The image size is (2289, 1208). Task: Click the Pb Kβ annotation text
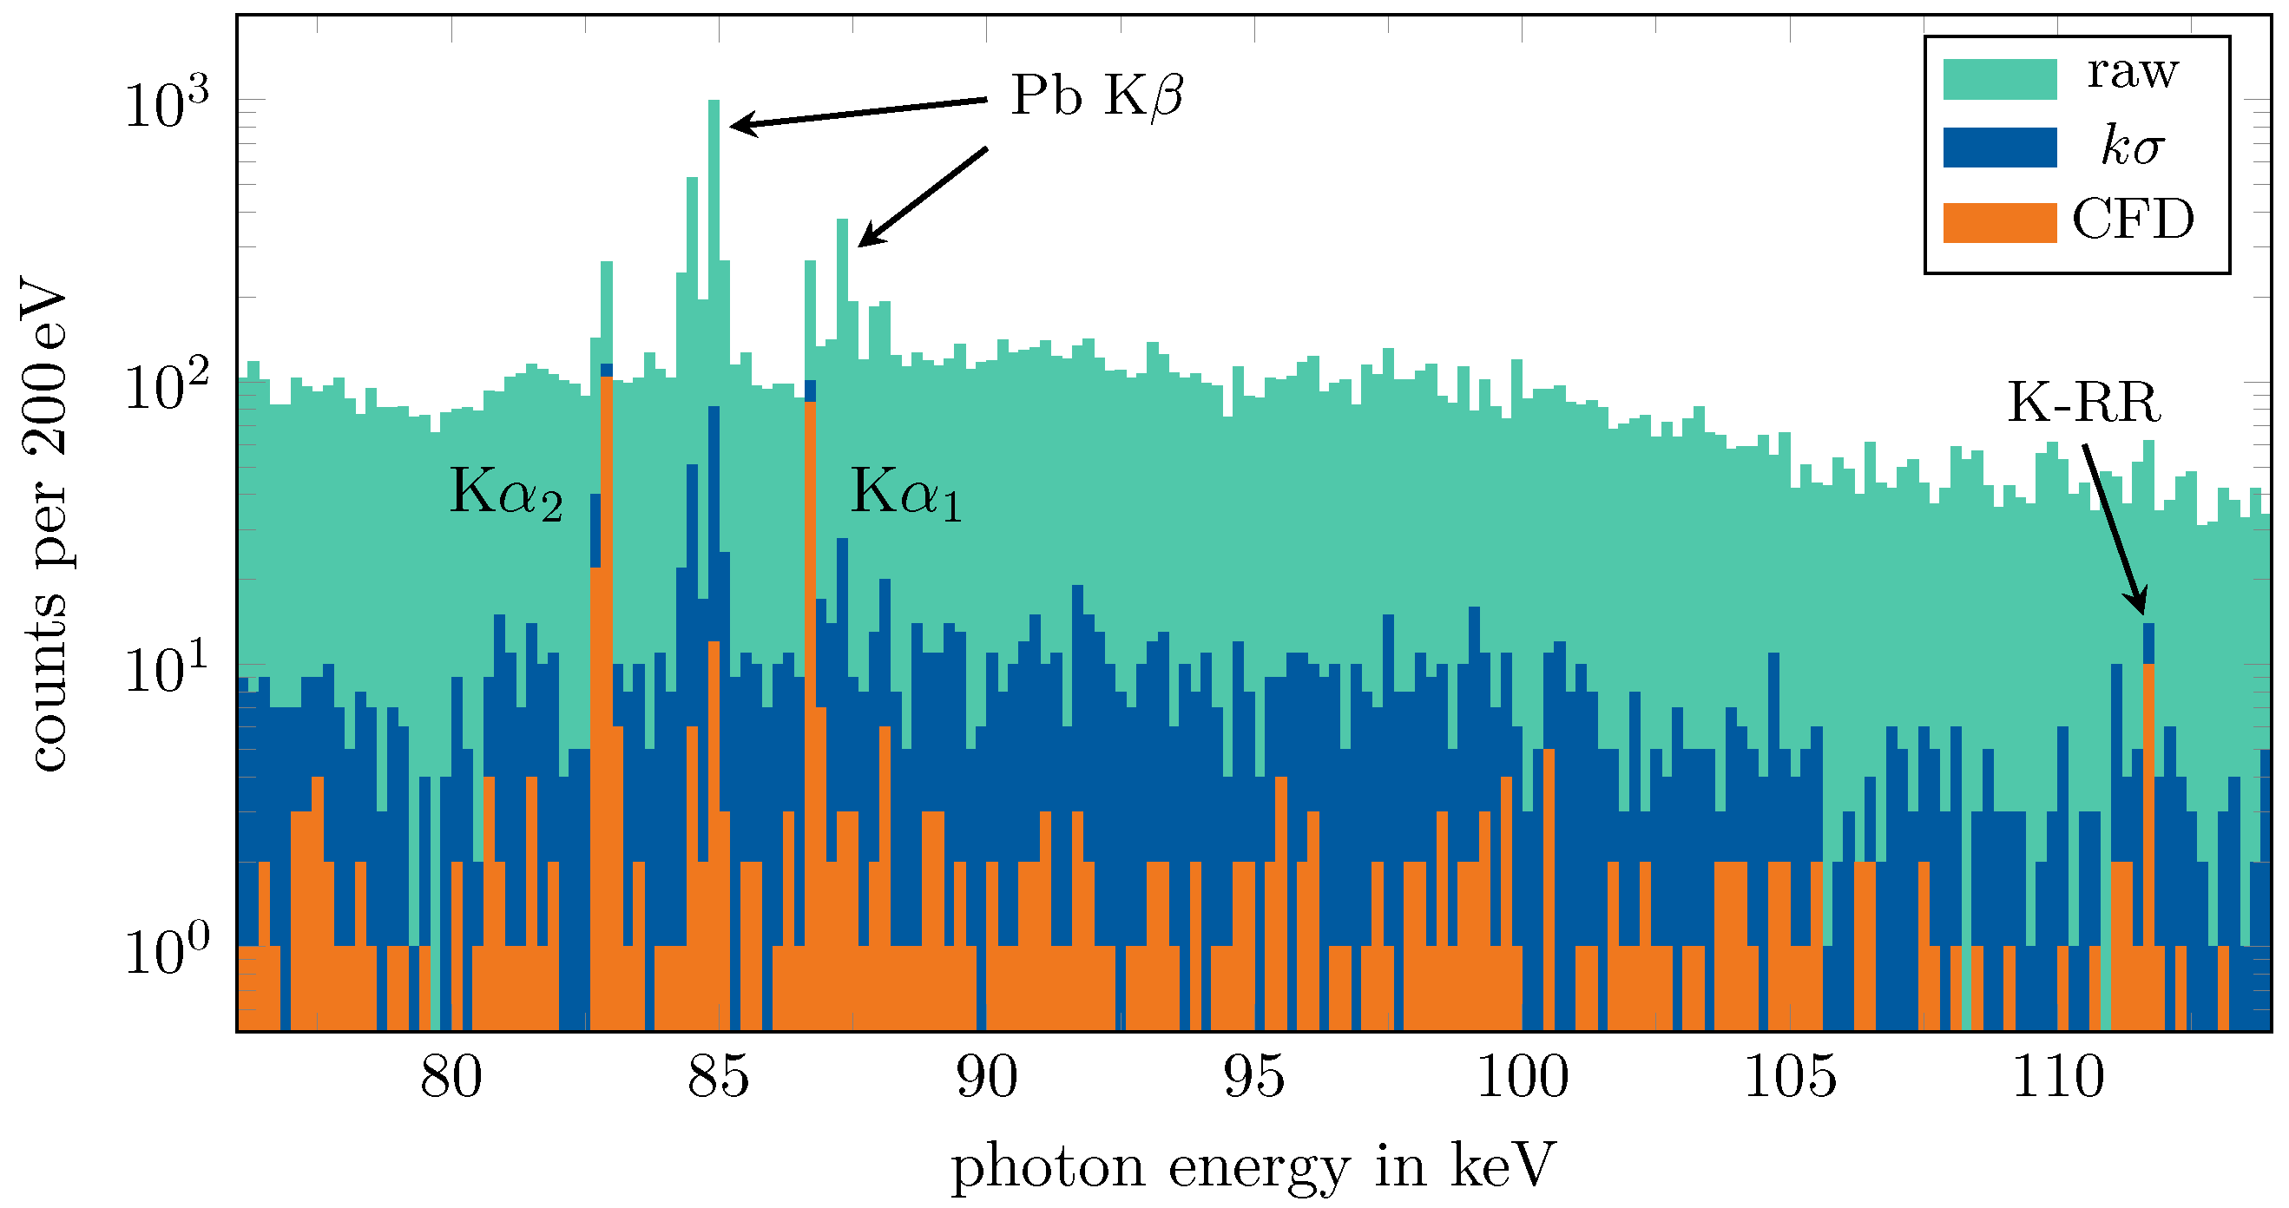[1096, 96]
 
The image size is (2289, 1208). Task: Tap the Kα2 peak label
[505, 493]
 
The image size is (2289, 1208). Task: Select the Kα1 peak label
[905, 493]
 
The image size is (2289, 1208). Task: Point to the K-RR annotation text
[2084, 404]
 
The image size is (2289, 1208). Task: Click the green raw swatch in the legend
[1999, 79]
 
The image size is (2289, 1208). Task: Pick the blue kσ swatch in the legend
[1999, 148]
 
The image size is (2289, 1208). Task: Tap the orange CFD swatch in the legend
[1999, 222]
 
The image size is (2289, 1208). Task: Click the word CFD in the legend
[2133, 220]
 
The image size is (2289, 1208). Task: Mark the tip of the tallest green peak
[714, 103]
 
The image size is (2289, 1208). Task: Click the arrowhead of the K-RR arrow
[2142, 609]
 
